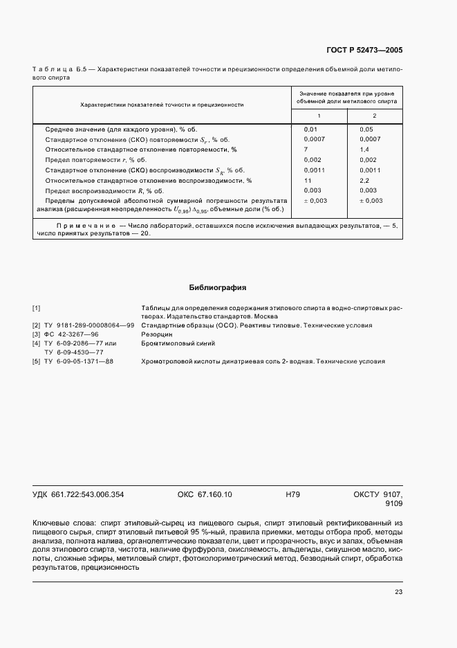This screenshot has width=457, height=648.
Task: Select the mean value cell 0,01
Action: (x=310, y=129)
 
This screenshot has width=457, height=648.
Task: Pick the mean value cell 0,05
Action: (x=366, y=129)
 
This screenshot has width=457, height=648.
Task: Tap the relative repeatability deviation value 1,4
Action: (x=365, y=149)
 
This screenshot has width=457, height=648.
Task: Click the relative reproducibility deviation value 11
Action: (x=308, y=180)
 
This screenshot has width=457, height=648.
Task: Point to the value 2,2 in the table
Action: (x=365, y=180)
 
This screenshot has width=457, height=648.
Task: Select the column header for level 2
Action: (x=374, y=115)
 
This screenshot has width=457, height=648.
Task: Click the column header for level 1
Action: (x=319, y=115)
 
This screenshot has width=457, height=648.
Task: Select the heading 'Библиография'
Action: (x=218, y=287)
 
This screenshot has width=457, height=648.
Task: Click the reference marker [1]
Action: (x=37, y=307)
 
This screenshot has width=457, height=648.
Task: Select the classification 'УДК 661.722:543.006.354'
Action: (x=77, y=494)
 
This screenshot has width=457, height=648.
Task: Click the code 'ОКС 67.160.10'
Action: (x=205, y=494)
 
